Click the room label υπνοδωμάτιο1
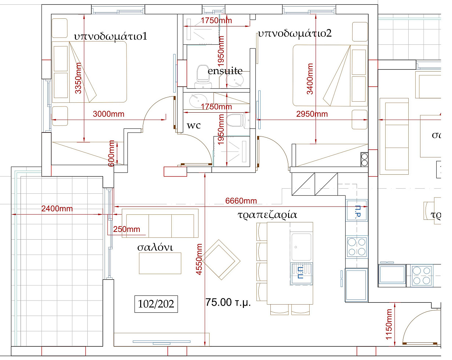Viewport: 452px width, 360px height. [110, 36]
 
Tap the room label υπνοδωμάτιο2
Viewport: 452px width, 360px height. [295, 34]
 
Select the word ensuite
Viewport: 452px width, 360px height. [225, 71]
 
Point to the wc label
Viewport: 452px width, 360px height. [194, 126]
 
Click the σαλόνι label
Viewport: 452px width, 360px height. [155, 247]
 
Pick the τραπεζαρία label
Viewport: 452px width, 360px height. [267, 215]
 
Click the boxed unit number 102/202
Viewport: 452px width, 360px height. [156, 304]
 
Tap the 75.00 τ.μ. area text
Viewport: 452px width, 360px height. [228, 302]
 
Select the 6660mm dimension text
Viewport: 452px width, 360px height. [241, 201]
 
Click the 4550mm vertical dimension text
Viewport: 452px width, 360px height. [199, 259]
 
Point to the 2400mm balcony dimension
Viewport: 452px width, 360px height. [57, 209]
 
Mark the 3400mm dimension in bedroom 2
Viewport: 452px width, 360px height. [310, 79]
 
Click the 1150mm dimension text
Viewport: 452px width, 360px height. [389, 324]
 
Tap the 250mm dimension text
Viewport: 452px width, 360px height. [127, 229]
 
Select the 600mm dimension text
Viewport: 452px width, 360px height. [112, 153]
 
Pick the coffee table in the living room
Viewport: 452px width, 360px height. [160, 263]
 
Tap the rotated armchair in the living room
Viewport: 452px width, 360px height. [221, 260]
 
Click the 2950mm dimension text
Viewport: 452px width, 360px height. [312, 114]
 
